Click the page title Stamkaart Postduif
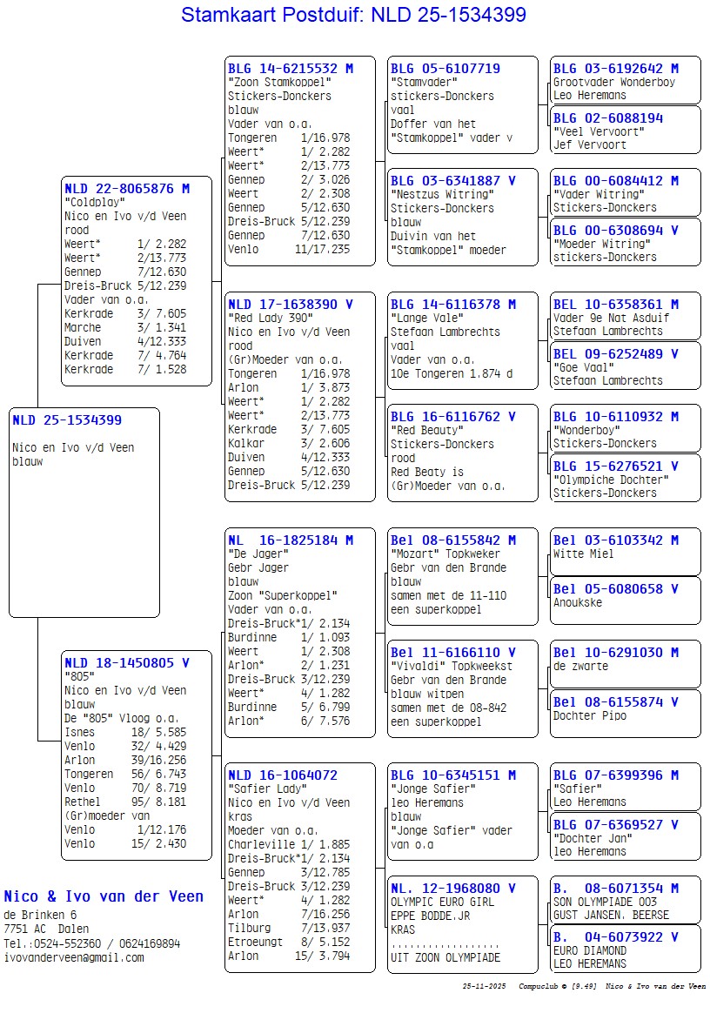coord(353,15)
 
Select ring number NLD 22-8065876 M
coord(126,188)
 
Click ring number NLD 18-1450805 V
coord(126,663)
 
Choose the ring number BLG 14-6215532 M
coord(291,69)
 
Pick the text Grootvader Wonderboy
coord(614,83)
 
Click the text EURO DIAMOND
coord(590,951)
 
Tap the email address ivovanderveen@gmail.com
coord(74,957)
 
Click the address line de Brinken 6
coord(40,916)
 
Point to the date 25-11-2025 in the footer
coord(484,987)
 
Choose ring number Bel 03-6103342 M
coord(616,540)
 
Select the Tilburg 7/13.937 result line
coord(288,928)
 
